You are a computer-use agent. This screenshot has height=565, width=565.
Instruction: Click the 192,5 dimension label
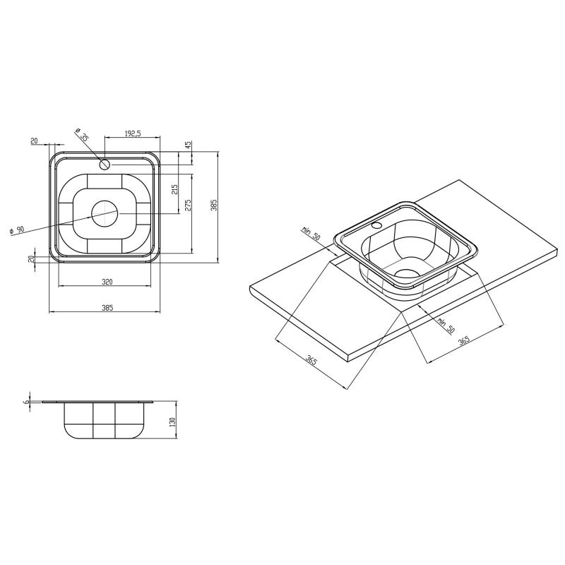click(x=133, y=133)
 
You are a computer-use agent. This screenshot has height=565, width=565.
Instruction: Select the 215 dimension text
click(x=174, y=189)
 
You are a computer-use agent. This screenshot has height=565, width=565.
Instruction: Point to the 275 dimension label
click(x=188, y=205)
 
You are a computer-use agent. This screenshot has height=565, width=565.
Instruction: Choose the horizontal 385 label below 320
click(x=107, y=308)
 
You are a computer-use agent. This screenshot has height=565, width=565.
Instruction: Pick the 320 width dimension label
click(x=107, y=282)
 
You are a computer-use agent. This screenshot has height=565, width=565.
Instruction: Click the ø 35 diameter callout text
click(x=81, y=134)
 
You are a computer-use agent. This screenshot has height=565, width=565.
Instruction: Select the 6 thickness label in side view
click(x=26, y=401)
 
